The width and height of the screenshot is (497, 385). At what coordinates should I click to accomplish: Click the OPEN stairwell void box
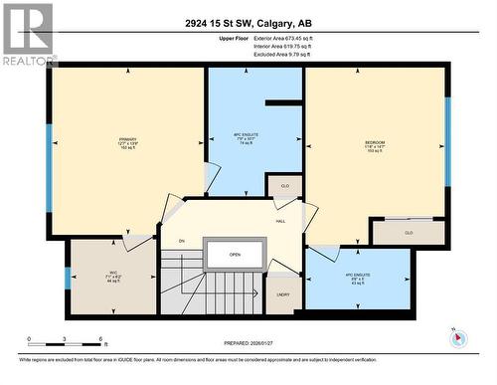point(235,254)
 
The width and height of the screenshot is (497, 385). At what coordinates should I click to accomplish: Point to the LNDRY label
point(283,294)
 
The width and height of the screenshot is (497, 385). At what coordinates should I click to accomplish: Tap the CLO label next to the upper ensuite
point(284,186)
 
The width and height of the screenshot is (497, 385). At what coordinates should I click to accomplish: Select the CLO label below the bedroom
point(408,233)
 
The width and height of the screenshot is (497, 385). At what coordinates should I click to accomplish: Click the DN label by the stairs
point(181,242)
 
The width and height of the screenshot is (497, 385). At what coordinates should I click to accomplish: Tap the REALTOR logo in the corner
point(28,35)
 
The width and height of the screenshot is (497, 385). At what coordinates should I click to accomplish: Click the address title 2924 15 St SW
point(248,25)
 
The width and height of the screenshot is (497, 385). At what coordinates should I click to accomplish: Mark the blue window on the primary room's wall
point(48,154)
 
